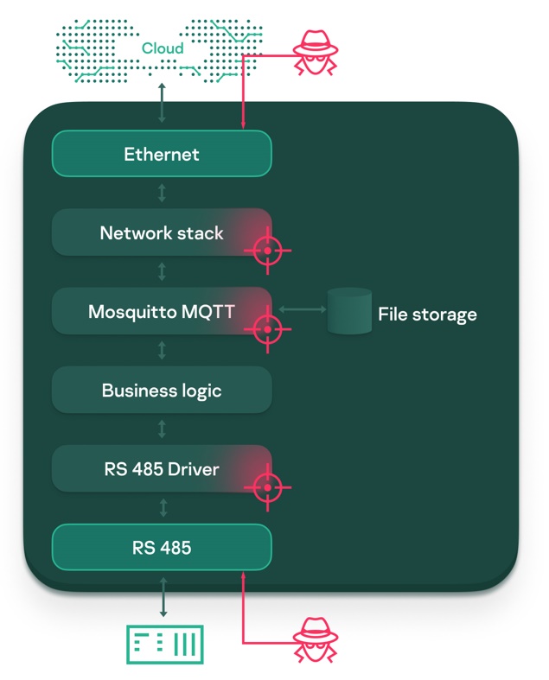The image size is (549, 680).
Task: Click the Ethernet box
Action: pyautogui.click(x=162, y=155)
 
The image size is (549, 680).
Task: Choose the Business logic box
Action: pyautogui.click(x=162, y=391)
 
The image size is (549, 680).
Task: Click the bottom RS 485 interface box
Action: pyautogui.click(x=162, y=548)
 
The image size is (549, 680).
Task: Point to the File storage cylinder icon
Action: pyautogui.click(x=349, y=312)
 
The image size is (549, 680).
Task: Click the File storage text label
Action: pyautogui.click(x=427, y=314)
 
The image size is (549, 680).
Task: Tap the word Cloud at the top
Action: pyautogui.click(x=163, y=48)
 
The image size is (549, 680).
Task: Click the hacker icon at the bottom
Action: pyautogui.click(x=314, y=640)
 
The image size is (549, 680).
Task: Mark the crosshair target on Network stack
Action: pyautogui.click(x=267, y=251)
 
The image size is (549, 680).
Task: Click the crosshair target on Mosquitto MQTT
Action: pyautogui.click(x=267, y=329)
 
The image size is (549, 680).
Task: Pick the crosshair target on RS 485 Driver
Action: pyautogui.click(x=267, y=487)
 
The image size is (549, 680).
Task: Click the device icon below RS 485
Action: pyautogui.click(x=164, y=644)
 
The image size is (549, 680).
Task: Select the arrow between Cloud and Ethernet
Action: pyautogui.click(x=162, y=103)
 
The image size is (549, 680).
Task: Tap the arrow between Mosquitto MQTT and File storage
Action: pyautogui.click(x=297, y=308)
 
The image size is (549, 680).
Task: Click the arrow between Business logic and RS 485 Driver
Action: pyautogui.click(x=162, y=429)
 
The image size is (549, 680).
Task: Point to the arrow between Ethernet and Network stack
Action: pyautogui.click(x=162, y=193)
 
